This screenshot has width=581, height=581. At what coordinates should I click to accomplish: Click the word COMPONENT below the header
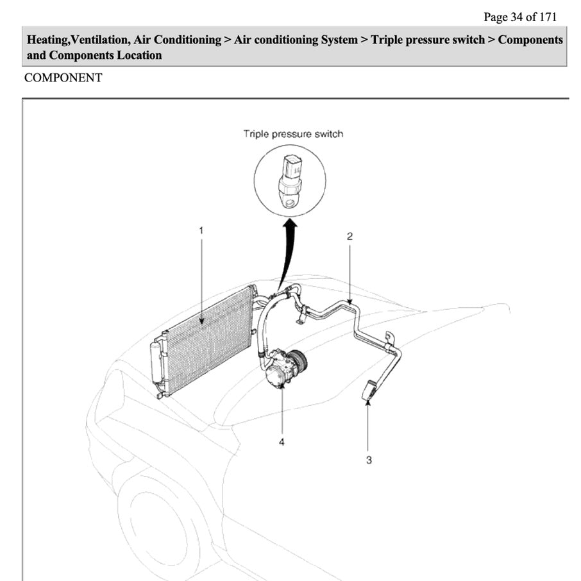pyautogui.click(x=63, y=78)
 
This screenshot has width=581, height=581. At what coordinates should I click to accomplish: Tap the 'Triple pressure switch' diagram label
pyautogui.click(x=293, y=134)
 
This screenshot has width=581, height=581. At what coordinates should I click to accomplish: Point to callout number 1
pyautogui.click(x=201, y=229)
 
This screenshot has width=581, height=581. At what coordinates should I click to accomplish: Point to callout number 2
pyautogui.click(x=349, y=236)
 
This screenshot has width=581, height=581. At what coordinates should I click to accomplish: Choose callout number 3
pyautogui.click(x=368, y=460)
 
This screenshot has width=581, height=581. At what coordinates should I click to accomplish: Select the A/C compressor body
pyautogui.click(x=277, y=371)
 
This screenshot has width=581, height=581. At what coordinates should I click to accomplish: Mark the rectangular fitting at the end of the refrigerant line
pyautogui.click(x=369, y=390)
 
